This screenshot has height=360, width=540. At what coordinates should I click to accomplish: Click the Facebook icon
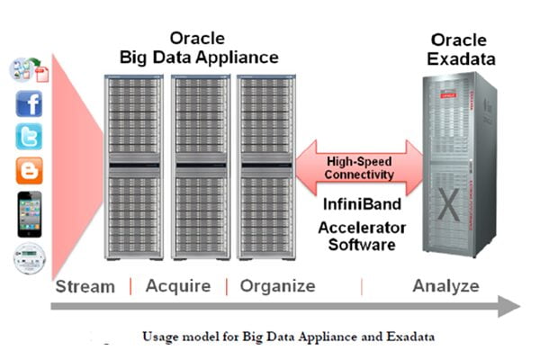[x=29, y=104]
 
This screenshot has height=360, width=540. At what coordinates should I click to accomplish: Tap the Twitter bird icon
[x=29, y=137]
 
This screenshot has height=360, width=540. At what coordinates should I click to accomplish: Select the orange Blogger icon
[x=29, y=170]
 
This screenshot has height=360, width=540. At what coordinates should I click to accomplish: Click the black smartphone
[x=29, y=211]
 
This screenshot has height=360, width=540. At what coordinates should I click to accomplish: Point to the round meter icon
[x=29, y=258]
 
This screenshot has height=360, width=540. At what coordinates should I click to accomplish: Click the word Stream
[x=85, y=286]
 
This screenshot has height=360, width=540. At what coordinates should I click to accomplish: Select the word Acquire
[x=177, y=286]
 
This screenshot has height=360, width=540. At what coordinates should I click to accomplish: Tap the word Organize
[x=276, y=286]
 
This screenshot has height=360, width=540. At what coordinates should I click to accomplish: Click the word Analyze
[x=446, y=286]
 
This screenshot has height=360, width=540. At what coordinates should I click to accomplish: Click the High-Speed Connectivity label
[x=360, y=166]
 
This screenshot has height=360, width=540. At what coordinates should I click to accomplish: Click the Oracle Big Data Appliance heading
[x=199, y=48]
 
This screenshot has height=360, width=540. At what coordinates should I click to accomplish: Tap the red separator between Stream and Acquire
[x=130, y=286]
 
